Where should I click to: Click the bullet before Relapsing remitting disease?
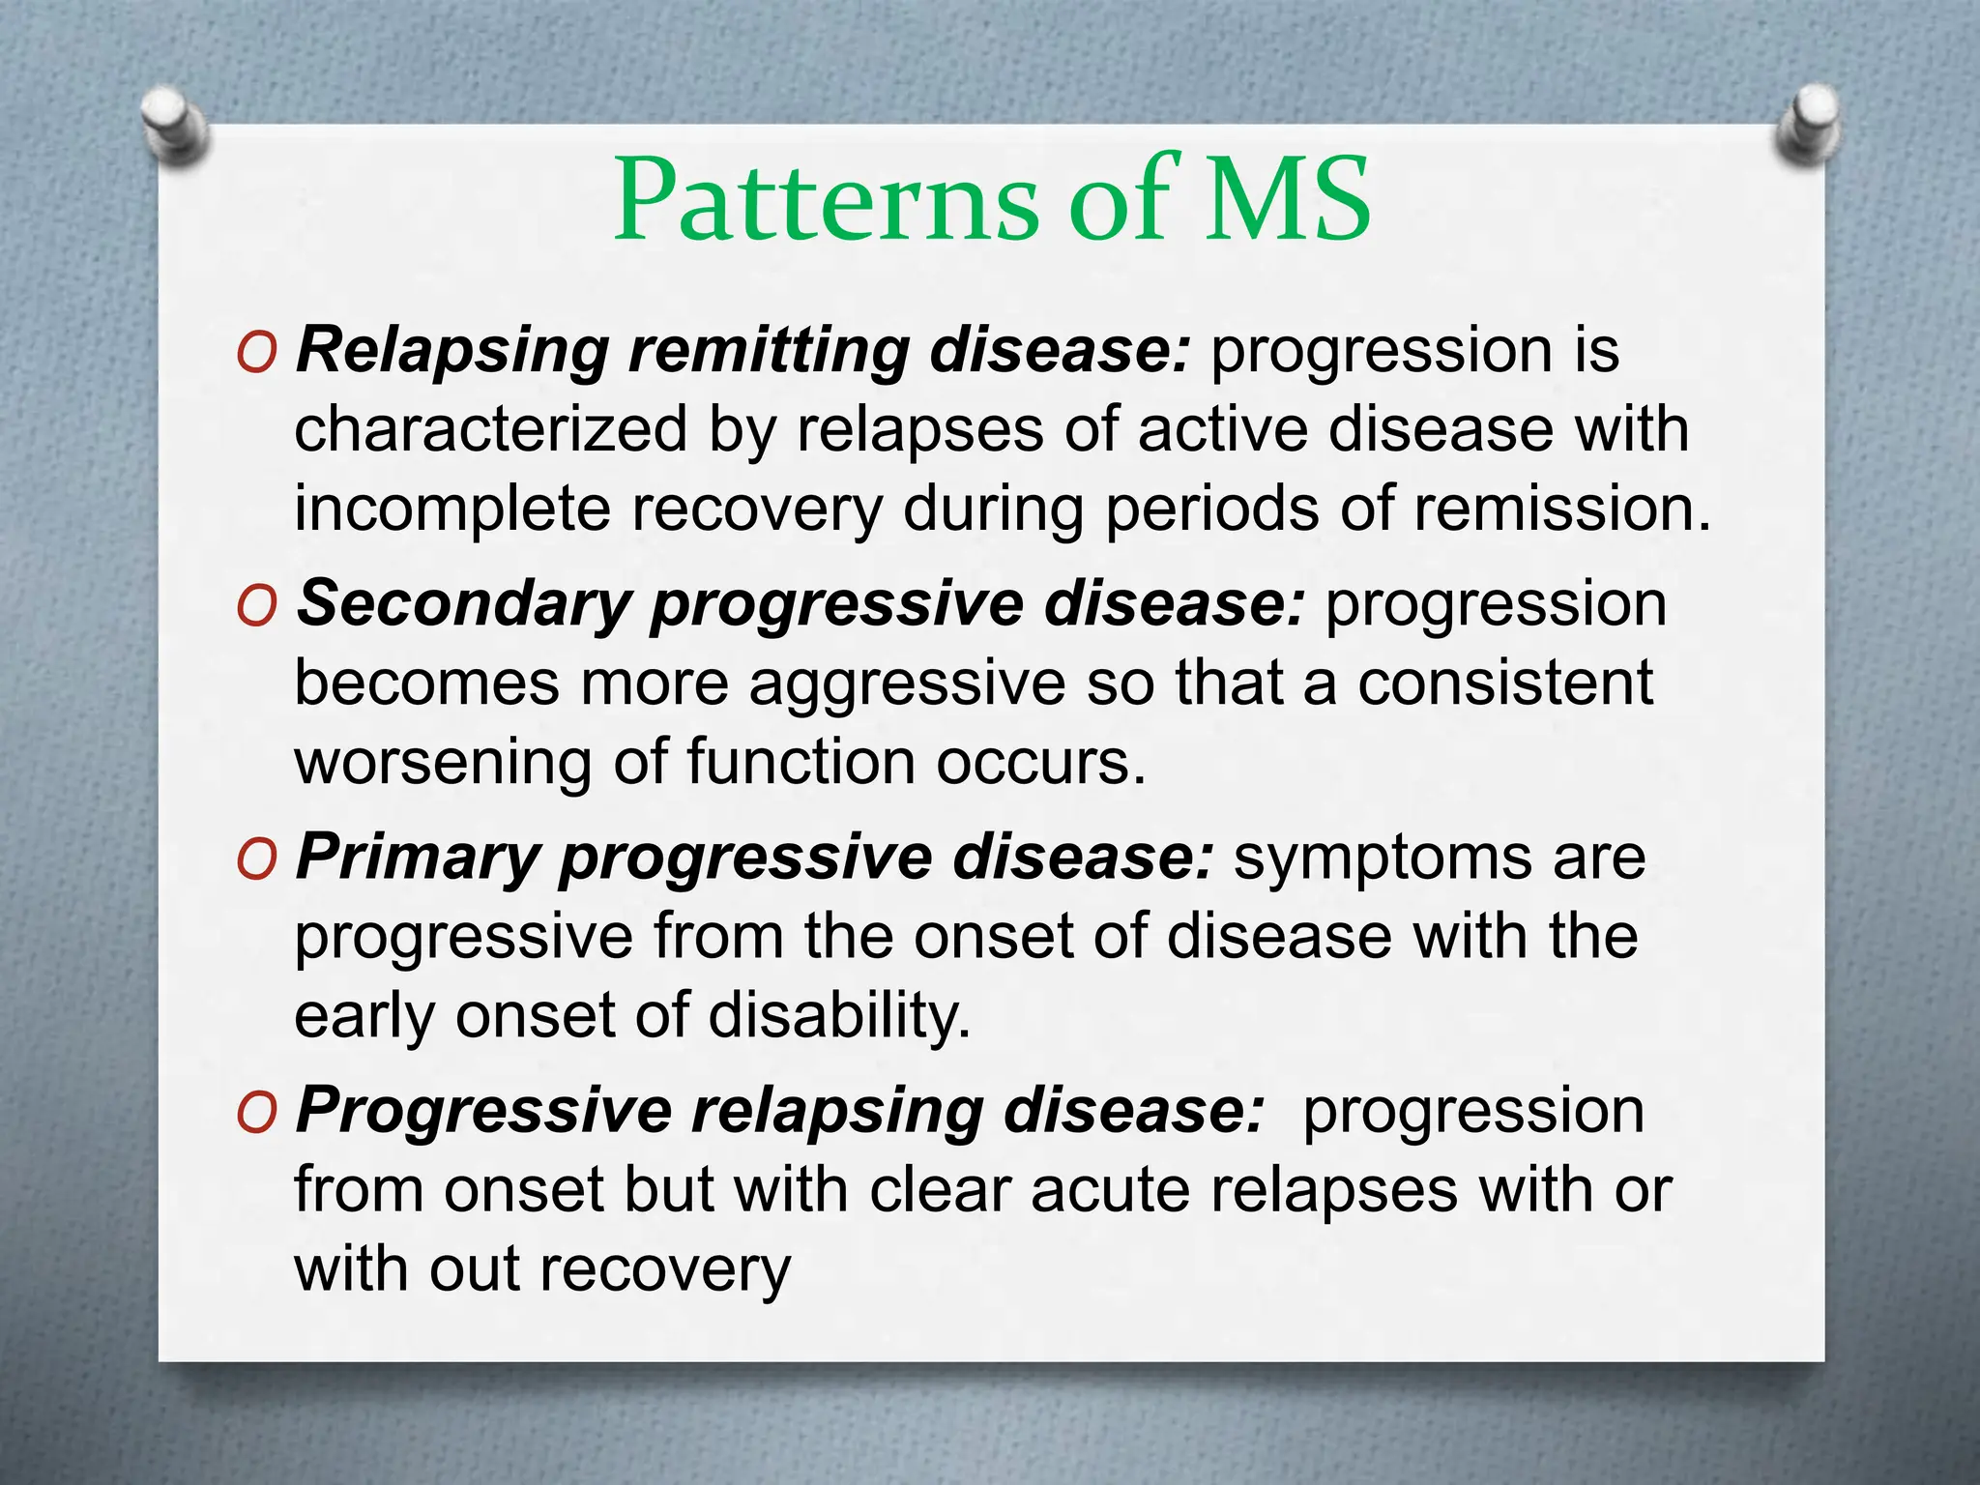pos(256,355)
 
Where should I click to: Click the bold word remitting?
pos(769,350)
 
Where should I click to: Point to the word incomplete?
pos(452,510)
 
